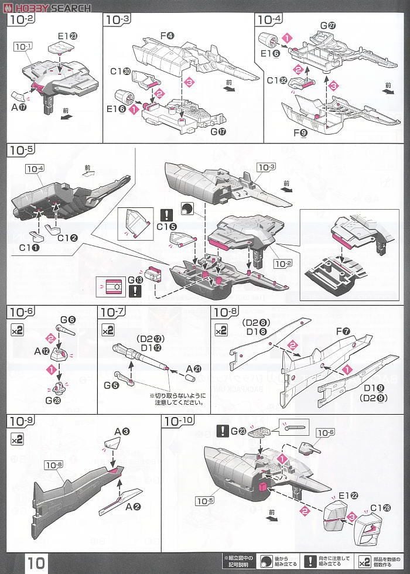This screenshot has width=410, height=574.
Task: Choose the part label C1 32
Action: click(x=276, y=80)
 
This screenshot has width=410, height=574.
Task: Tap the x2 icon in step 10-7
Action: click(x=108, y=330)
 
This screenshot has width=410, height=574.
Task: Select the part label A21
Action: click(x=193, y=368)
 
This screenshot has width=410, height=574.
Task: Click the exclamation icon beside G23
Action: click(x=222, y=432)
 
